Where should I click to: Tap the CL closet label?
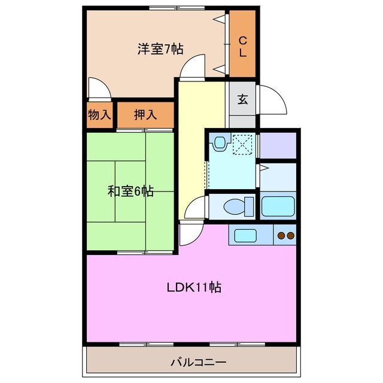click(x=243, y=47)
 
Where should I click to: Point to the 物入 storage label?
click(x=100, y=114)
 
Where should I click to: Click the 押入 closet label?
click(x=145, y=114)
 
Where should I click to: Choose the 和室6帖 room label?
click(x=130, y=191)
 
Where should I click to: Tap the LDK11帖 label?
click(x=194, y=287)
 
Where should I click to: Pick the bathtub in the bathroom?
click(x=278, y=206)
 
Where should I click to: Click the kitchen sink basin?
click(x=245, y=235)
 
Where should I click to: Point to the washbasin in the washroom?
click(x=220, y=143)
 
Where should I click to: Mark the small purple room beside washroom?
click(x=278, y=145)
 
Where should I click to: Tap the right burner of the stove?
click(x=290, y=236)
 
